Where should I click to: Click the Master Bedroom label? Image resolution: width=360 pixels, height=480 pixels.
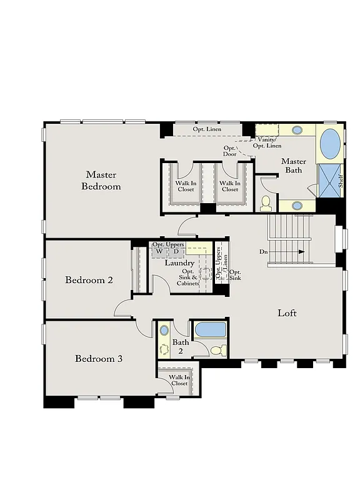(x=101, y=181)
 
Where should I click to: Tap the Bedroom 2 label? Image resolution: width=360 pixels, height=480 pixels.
(x=89, y=280)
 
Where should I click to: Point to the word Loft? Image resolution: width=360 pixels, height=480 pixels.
(x=287, y=313)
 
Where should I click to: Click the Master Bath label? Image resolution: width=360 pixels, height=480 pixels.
(x=293, y=166)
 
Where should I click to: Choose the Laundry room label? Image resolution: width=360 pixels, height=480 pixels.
(x=179, y=263)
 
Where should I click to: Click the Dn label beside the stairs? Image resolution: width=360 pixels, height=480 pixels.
(x=264, y=252)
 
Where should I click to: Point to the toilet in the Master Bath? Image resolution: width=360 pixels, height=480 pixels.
(x=266, y=202)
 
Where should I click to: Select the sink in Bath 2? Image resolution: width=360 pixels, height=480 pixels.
(x=164, y=330)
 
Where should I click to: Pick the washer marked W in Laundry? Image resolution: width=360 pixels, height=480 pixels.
(x=159, y=252)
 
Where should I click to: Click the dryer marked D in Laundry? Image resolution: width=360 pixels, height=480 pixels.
(x=176, y=252)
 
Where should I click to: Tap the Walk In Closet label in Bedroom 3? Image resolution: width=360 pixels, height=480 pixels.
(x=178, y=381)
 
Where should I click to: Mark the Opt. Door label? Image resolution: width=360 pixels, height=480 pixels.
(x=229, y=151)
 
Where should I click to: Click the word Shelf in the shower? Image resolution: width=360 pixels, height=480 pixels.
(x=341, y=181)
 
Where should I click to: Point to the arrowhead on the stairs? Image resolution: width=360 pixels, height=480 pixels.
(x=302, y=252)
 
